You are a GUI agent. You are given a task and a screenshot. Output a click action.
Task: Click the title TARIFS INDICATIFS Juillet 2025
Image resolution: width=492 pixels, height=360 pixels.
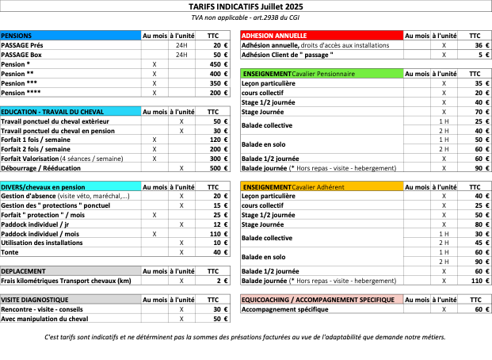click(246, 6)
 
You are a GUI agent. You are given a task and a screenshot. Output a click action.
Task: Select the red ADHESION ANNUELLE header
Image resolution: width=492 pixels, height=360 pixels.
click(274, 36)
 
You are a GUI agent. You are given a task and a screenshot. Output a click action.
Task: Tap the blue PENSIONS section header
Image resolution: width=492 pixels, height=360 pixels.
click(17, 36)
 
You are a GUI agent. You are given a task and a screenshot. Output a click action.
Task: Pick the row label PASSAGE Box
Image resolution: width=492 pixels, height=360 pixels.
click(22, 55)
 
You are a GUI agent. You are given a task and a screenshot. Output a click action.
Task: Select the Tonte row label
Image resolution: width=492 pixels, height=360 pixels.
click(10, 253)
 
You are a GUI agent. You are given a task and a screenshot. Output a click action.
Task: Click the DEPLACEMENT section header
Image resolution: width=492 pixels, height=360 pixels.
click(23, 270)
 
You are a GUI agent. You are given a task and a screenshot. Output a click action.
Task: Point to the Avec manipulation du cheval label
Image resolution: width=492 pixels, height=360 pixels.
click(45, 319)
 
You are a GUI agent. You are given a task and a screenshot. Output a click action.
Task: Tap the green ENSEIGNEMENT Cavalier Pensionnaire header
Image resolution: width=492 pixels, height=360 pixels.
click(298, 74)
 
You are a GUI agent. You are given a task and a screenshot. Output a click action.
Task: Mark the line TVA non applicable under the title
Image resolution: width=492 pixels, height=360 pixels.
click(246, 17)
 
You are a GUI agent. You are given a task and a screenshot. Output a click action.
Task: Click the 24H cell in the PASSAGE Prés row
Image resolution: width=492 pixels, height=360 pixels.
click(181, 45)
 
